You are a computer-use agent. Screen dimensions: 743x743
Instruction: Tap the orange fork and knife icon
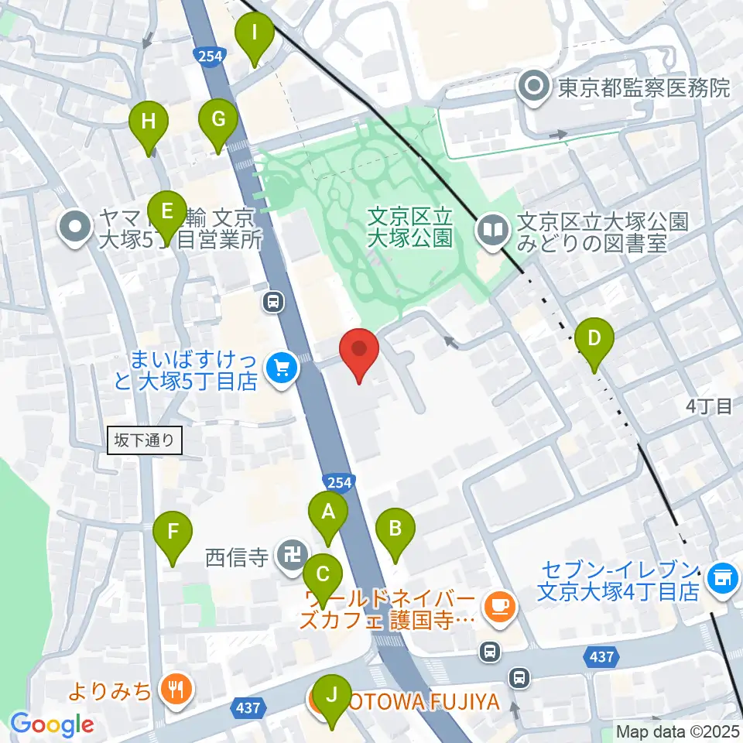click(x=176, y=688)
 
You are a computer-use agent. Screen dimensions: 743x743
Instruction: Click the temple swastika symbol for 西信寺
click(x=292, y=556)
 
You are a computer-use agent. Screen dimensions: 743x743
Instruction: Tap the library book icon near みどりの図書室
click(x=492, y=228)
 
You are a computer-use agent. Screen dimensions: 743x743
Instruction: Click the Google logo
click(x=52, y=725)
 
